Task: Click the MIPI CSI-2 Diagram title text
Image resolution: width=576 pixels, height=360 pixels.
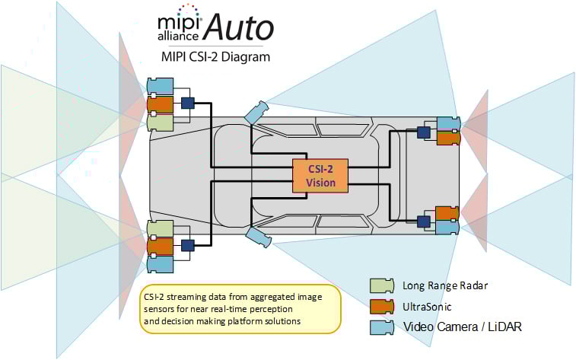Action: point(215,56)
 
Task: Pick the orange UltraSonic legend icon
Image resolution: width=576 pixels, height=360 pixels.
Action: point(380,307)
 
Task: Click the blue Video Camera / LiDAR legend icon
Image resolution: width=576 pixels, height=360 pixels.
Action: point(380,327)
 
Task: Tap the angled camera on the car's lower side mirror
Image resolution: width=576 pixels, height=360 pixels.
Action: point(256,237)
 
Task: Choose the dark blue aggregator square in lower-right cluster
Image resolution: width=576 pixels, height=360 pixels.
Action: point(424,221)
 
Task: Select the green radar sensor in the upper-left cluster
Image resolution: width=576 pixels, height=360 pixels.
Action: point(160,122)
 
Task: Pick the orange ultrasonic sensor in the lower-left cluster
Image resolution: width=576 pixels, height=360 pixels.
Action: point(160,246)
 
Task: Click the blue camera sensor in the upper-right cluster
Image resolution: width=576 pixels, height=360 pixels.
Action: point(447,123)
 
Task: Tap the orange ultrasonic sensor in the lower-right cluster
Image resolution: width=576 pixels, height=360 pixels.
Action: point(447,212)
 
